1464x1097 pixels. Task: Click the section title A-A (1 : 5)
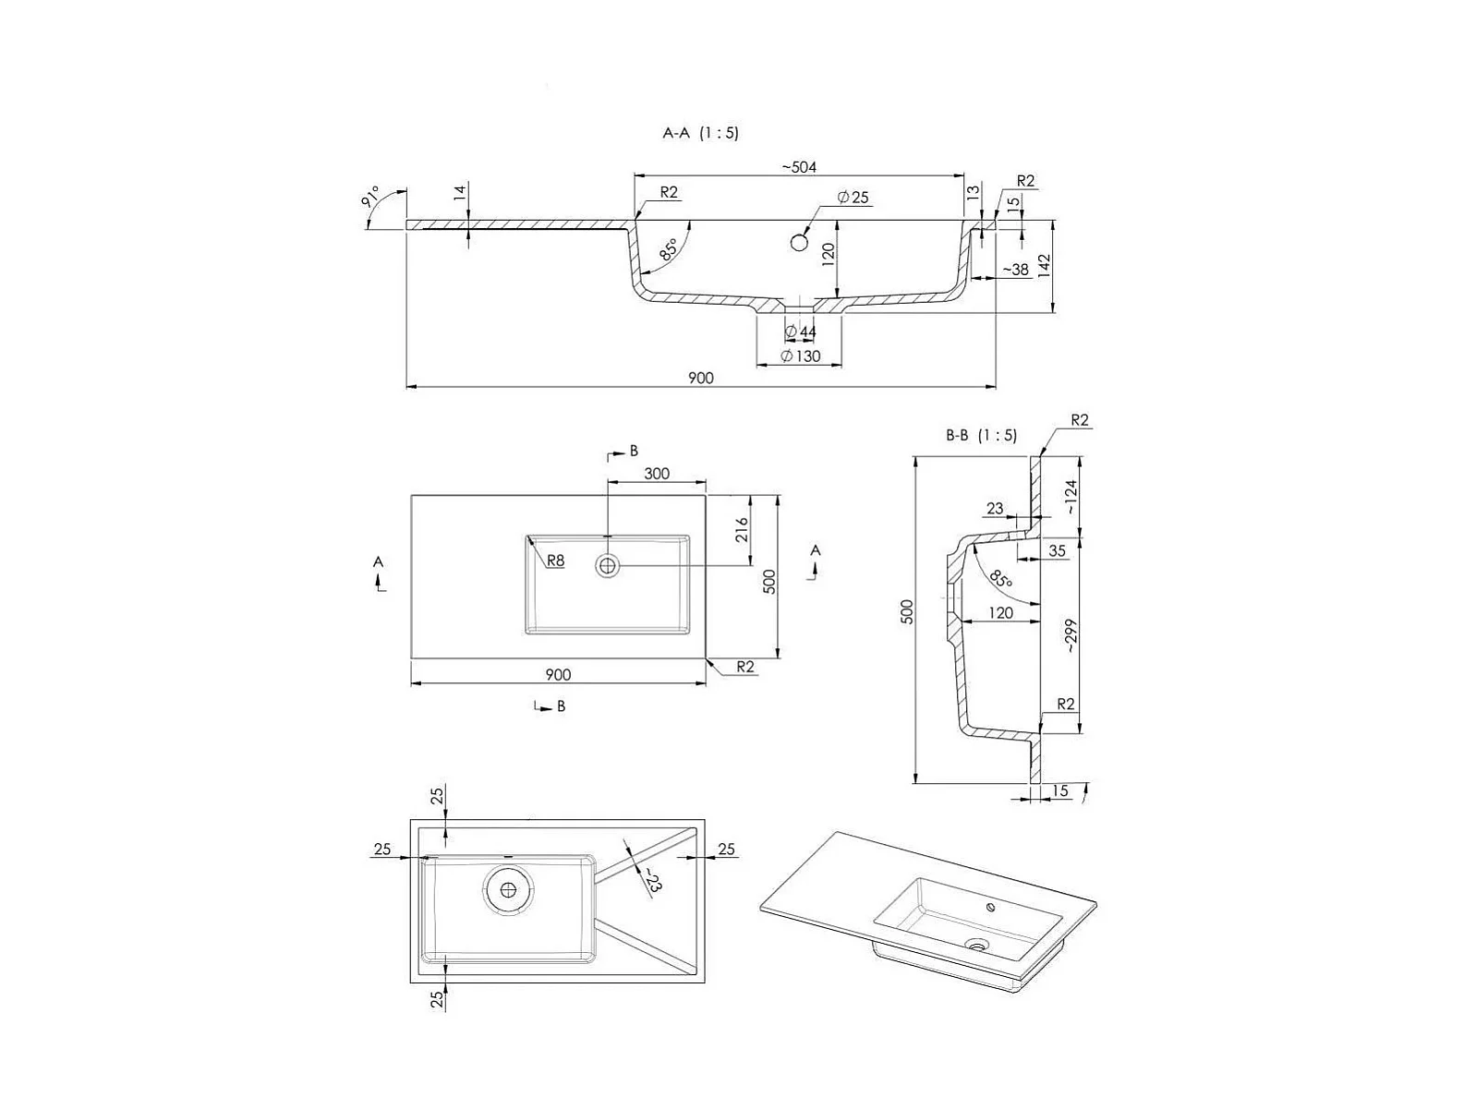click(x=700, y=133)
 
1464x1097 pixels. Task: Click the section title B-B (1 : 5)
click(x=981, y=436)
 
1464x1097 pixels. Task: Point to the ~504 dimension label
click(x=799, y=167)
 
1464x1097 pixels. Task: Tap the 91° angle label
click(x=370, y=198)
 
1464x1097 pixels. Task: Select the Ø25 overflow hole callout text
click(x=853, y=198)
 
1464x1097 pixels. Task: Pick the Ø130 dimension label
click(x=801, y=356)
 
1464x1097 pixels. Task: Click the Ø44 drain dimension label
click(x=801, y=332)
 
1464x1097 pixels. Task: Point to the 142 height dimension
click(x=1046, y=265)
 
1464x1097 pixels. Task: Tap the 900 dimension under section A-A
click(x=701, y=378)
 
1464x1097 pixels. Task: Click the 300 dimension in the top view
click(x=657, y=473)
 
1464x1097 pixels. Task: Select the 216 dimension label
click(x=742, y=530)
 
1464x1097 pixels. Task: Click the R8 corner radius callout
click(x=556, y=561)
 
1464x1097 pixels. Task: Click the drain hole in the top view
click(x=607, y=566)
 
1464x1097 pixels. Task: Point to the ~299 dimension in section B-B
click(x=1071, y=635)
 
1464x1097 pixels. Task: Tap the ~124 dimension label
click(x=1071, y=497)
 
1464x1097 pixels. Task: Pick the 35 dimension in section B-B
click(x=1058, y=550)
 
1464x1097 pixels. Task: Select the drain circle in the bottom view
click(x=508, y=889)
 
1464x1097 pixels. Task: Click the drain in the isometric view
click(x=978, y=944)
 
